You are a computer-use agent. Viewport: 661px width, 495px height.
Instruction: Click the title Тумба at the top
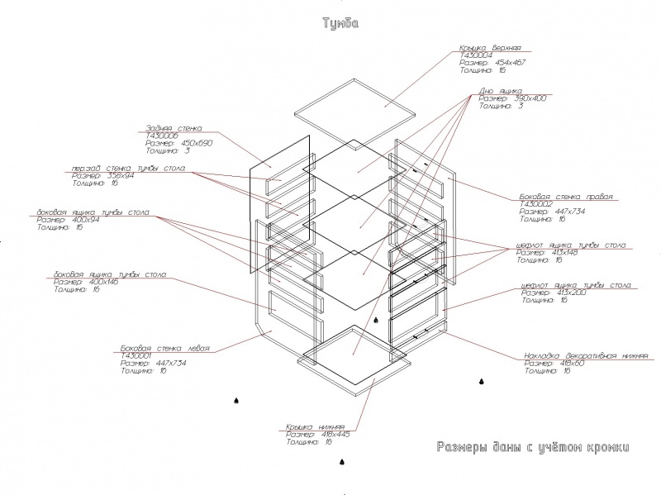[340, 24]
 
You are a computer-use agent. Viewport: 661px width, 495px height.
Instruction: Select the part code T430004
[477, 55]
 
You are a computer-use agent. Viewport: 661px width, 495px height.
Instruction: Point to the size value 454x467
[510, 62]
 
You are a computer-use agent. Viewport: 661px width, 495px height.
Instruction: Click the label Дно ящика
[500, 91]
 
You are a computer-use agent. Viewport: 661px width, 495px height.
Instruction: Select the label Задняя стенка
[174, 129]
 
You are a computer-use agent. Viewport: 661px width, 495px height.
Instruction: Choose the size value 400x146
[105, 282]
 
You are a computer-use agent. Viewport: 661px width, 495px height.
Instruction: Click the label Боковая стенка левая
[165, 349]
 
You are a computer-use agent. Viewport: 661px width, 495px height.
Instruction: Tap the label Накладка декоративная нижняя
[586, 356]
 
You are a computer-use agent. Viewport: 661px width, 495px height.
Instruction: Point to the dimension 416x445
[335, 435]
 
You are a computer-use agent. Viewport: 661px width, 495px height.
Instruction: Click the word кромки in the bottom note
[605, 448]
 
